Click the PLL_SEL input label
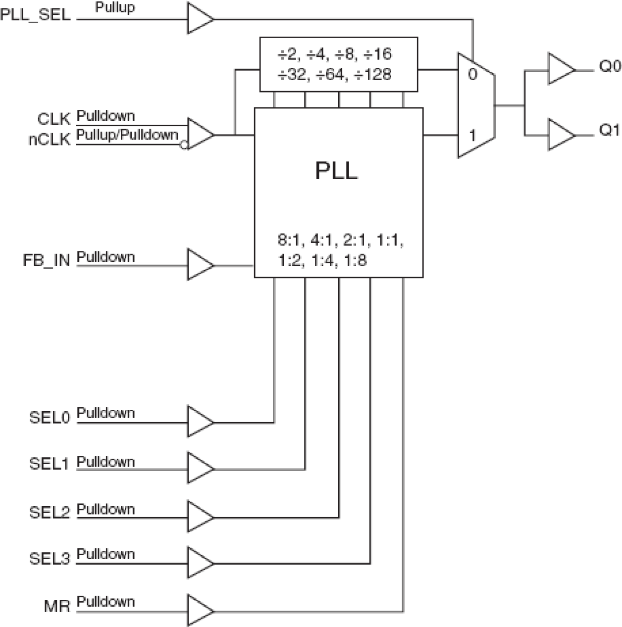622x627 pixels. pyautogui.click(x=35, y=15)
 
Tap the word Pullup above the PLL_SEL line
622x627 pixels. pyautogui.click(x=115, y=8)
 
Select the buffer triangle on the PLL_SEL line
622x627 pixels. pyautogui.click(x=199, y=19)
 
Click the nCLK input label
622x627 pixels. pyautogui.click(x=49, y=140)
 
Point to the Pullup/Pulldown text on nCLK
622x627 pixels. pyautogui.click(x=127, y=135)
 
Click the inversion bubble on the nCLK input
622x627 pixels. pyautogui.click(x=184, y=145)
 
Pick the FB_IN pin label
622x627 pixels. pyautogui.click(x=47, y=260)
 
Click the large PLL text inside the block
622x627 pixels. pyautogui.click(x=336, y=171)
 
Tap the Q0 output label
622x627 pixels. pyautogui.click(x=610, y=66)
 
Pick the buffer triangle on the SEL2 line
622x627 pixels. pyautogui.click(x=199, y=517)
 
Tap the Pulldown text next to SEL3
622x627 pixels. pyautogui.click(x=105, y=554)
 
